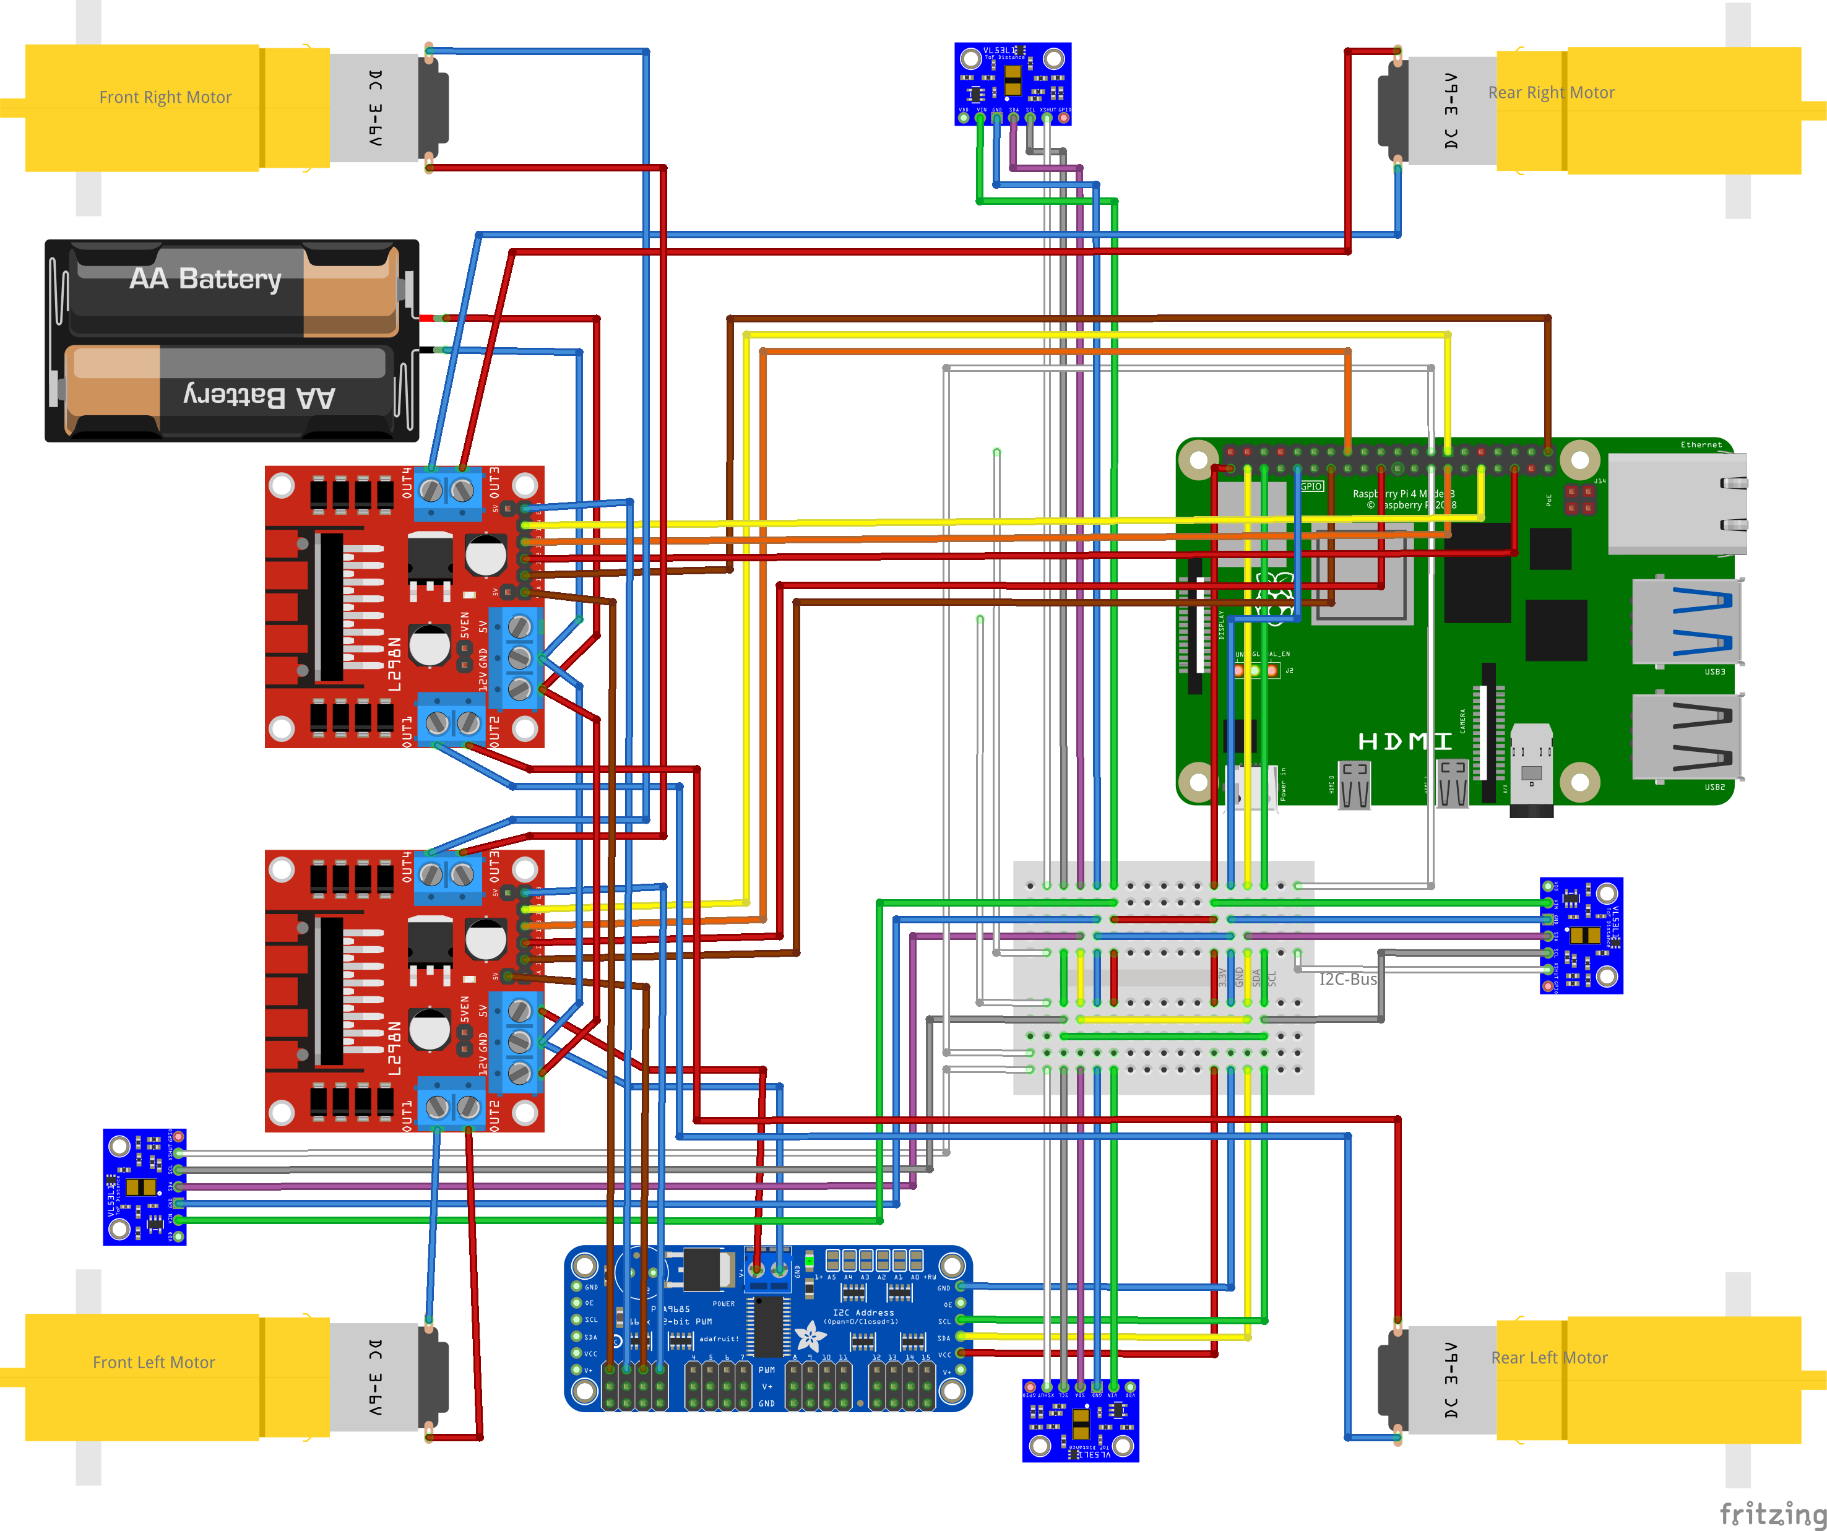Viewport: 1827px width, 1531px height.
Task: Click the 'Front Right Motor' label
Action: pyautogui.click(x=165, y=97)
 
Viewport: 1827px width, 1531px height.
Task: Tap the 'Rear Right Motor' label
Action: pyautogui.click(x=1551, y=92)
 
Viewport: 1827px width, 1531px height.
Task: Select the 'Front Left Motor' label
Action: pyautogui.click(x=154, y=1362)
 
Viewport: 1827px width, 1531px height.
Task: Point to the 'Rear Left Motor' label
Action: pyautogui.click(x=1550, y=1358)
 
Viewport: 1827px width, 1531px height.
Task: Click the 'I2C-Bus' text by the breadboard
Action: pyautogui.click(x=1347, y=980)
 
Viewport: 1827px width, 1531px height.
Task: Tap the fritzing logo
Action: pyautogui.click(x=1772, y=1514)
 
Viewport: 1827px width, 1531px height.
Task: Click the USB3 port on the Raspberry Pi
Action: pyautogui.click(x=1686, y=621)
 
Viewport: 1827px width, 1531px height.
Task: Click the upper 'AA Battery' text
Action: pyautogui.click(x=205, y=278)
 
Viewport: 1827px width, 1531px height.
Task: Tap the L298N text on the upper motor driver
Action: pyautogui.click(x=394, y=665)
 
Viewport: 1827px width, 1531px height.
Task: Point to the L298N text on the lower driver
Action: pyautogui.click(x=394, y=1048)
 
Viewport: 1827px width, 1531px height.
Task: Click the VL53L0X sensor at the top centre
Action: pyautogui.click(x=1013, y=84)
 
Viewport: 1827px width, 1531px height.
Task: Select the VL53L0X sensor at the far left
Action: pyautogui.click(x=144, y=1186)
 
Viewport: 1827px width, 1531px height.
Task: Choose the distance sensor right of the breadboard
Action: pyautogui.click(x=1581, y=935)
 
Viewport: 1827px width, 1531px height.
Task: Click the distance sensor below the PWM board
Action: pyautogui.click(x=1079, y=1420)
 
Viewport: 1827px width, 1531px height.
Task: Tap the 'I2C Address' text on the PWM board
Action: pyautogui.click(x=863, y=1313)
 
